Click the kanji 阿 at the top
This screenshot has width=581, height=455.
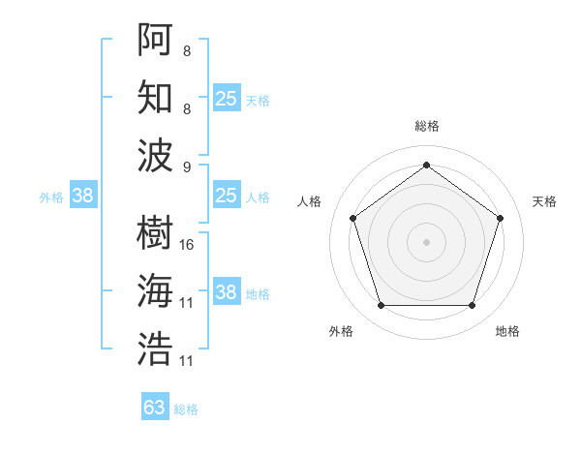(x=155, y=41)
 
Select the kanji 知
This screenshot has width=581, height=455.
(x=155, y=98)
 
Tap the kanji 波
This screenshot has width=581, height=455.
(x=155, y=155)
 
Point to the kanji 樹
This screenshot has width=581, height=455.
(x=155, y=232)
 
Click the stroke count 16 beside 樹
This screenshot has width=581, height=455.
(x=187, y=244)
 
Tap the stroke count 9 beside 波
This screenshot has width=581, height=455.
(x=187, y=166)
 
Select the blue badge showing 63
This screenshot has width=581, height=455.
(x=155, y=408)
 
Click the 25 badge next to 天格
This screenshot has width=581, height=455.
(x=226, y=98)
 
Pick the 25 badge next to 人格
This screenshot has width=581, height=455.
(x=226, y=196)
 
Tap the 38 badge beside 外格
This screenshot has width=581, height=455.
(x=82, y=196)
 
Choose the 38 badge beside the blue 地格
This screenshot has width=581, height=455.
(x=226, y=292)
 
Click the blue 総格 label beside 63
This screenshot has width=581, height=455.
(x=186, y=409)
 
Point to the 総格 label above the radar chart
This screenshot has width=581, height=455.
(x=426, y=126)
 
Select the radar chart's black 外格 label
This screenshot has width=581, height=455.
(x=341, y=331)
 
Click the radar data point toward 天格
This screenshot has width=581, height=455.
(x=500, y=218)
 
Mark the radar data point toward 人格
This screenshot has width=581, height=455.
(x=352, y=218)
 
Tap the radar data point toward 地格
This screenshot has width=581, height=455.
(x=472, y=306)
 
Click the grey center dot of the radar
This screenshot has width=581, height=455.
(x=426, y=242)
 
